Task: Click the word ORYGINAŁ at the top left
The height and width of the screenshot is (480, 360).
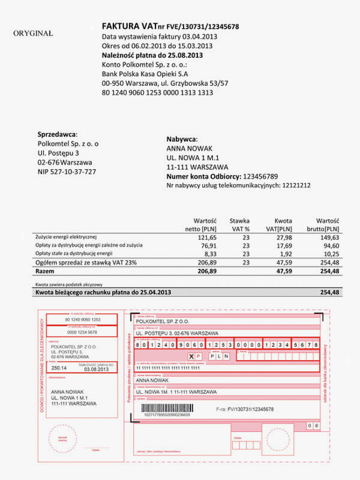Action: point(33,34)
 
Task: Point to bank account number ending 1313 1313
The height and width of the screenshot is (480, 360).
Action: point(158,92)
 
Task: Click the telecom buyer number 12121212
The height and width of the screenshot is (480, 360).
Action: point(296,186)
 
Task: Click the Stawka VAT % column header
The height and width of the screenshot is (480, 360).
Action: point(239,224)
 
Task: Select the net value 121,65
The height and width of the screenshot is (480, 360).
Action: point(206,238)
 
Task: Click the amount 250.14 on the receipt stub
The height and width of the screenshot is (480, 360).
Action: point(59,368)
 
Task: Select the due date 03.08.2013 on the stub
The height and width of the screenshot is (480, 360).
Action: point(99,369)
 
